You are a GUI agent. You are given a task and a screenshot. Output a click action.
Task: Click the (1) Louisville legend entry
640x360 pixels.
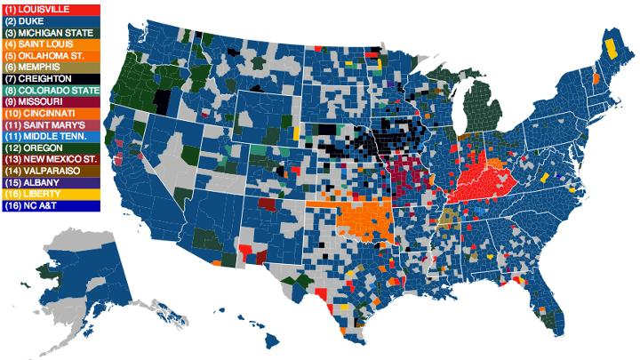51,9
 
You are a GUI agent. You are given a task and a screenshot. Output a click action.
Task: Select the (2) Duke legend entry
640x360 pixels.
51,20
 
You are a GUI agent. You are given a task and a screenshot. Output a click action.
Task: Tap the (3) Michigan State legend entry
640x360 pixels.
51,32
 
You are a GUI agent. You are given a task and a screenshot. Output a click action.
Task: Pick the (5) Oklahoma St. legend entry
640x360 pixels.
51,55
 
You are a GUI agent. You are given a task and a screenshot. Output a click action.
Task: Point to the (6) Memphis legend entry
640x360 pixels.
51,67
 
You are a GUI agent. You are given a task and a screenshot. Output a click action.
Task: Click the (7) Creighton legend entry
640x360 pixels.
51,78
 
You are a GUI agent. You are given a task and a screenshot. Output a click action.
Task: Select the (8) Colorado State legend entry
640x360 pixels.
51,90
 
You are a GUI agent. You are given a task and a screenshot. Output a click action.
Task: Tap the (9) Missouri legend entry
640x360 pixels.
51,101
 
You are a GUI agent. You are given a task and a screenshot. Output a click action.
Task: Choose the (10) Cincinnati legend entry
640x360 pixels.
51,113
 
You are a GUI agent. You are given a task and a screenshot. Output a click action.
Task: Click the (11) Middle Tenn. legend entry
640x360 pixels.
51,136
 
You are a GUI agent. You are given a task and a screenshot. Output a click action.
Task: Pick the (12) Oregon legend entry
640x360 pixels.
51,148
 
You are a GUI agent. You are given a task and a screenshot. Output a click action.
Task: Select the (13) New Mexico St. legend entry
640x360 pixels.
51,159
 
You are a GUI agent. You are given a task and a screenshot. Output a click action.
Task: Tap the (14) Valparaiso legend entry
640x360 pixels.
51,171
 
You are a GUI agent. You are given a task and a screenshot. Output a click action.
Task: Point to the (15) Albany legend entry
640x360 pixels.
51,182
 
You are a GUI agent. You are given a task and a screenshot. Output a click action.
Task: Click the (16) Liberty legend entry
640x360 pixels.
51,194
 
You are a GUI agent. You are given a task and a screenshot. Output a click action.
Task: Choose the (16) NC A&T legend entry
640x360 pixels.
51,205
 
